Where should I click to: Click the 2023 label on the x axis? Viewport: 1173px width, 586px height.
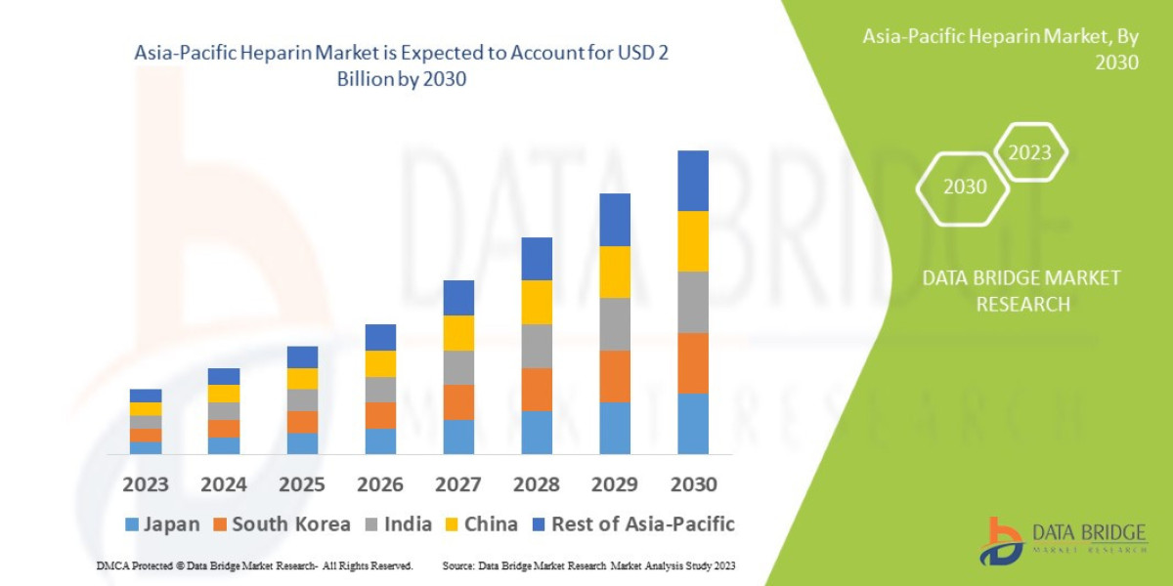coord(145,484)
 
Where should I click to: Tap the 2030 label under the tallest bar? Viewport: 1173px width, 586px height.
coord(693,484)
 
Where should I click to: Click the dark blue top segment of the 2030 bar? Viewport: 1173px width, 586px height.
coord(693,181)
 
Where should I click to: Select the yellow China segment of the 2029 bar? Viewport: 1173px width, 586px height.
coord(615,272)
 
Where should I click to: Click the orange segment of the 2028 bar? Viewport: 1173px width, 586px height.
coord(537,389)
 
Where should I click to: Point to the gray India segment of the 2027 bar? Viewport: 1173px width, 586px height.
coord(458,367)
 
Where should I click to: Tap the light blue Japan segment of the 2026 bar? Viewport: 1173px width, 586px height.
coord(380,441)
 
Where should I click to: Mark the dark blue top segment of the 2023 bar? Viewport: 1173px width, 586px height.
coord(146,396)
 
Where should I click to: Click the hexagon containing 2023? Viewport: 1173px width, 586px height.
coord(1029,152)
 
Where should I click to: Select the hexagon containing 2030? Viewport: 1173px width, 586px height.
coord(964,187)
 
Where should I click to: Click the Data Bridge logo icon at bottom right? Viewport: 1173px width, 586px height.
coord(1001,540)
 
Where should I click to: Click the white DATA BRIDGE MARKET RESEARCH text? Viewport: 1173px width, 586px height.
coord(1021,291)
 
